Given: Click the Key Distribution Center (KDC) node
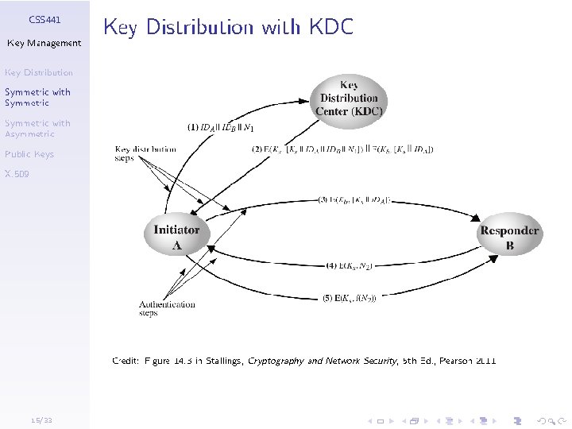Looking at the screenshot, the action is [349, 98].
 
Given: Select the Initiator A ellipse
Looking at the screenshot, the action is [176, 237].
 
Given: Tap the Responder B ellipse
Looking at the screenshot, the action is [509, 238].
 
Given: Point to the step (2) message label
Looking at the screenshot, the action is [342, 149].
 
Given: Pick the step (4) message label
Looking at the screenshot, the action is [350, 265].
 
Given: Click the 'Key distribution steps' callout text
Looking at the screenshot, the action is [145, 153].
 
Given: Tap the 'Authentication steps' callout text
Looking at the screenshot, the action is [167, 308].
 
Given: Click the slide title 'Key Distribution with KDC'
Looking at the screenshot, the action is [228, 28].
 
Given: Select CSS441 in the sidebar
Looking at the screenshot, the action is [44, 18].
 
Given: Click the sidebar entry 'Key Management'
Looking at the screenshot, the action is [44, 43].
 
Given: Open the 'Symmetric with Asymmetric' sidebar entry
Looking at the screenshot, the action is [37, 129].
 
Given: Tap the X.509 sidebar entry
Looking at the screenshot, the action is [17, 173].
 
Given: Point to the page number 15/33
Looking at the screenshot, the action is [37, 419].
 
